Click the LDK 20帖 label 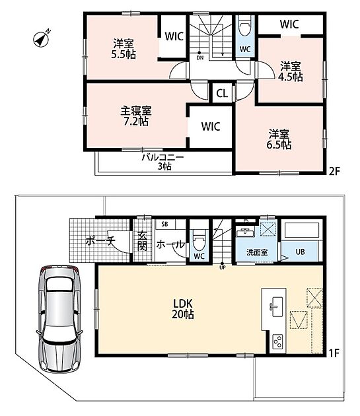(183, 309)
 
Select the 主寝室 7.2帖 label (136, 116)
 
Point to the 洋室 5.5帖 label (124, 49)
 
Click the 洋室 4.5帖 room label (291, 71)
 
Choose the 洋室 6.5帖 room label (279, 139)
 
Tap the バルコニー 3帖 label (162, 162)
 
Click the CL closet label (222, 93)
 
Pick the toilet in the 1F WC (199, 239)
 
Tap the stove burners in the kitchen (277, 341)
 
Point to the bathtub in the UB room (302, 230)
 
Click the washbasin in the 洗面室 (245, 232)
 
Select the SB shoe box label (165, 225)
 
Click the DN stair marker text (200, 57)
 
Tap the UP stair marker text (223, 267)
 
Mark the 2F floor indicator (334, 171)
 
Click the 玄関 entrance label (142, 241)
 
